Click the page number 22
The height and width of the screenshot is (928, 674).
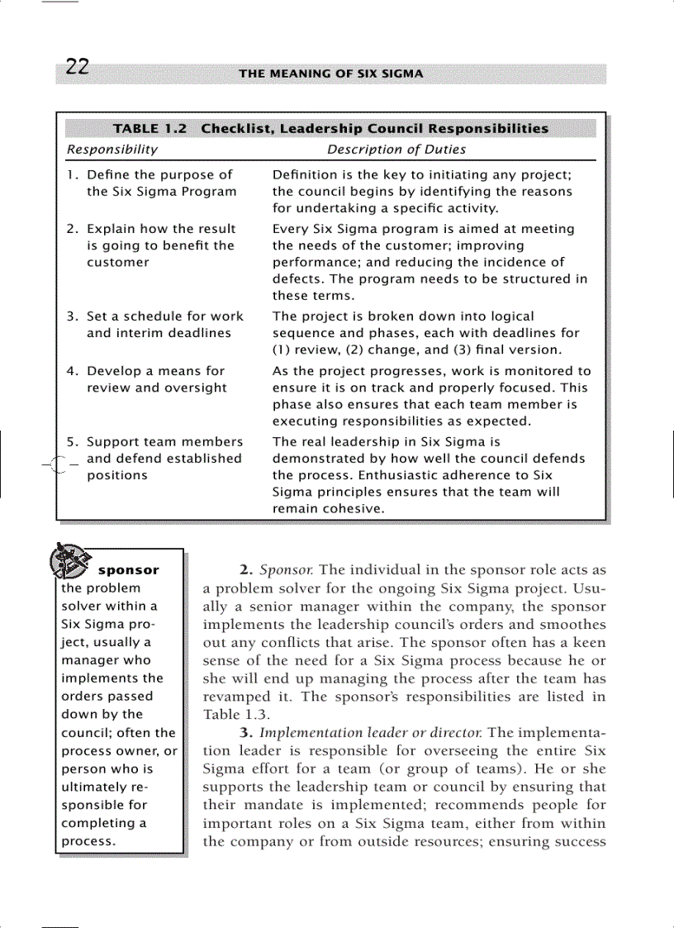point(77,68)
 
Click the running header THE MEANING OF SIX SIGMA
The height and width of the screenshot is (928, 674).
point(330,74)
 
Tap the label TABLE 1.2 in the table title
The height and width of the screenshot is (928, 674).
point(150,129)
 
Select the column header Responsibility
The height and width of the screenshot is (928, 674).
point(112,150)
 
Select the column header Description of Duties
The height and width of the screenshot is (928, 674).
point(396,150)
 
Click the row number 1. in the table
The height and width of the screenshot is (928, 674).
point(72,175)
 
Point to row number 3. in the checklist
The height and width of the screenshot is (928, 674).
point(72,316)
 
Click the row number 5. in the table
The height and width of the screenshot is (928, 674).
point(72,442)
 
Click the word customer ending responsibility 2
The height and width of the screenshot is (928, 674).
point(118,263)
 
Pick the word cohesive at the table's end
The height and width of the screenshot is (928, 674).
point(353,509)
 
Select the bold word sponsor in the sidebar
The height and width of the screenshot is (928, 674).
point(128,570)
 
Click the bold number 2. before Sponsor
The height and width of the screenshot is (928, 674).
point(246,570)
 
